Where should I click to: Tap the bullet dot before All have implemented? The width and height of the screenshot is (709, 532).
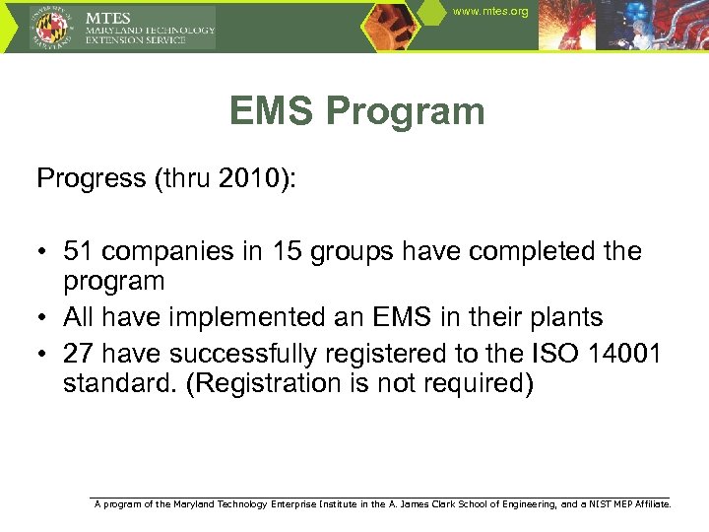point(44,318)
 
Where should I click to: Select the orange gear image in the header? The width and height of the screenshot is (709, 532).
point(394,25)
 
